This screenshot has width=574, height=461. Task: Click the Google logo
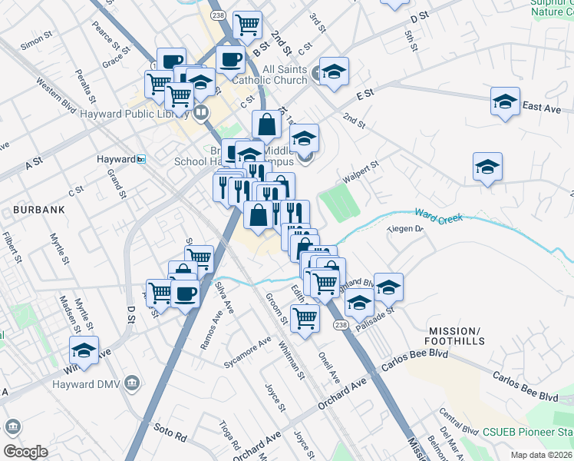coord(25,452)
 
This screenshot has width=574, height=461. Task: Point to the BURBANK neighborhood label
coord(37,209)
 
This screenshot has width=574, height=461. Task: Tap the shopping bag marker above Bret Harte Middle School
coord(266,124)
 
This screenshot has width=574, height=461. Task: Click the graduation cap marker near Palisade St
coord(358,302)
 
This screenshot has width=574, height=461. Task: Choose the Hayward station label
coord(116,159)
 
